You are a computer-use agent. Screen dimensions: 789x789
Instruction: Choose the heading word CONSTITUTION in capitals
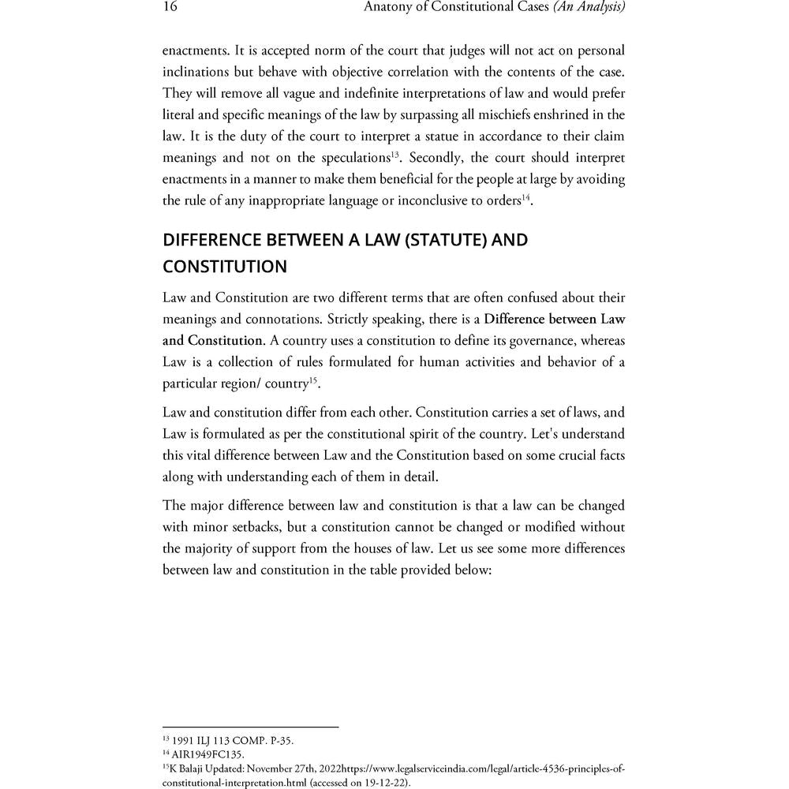click(x=225, y=267)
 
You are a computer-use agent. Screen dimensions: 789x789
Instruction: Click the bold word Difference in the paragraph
click(x=523, y=320)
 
